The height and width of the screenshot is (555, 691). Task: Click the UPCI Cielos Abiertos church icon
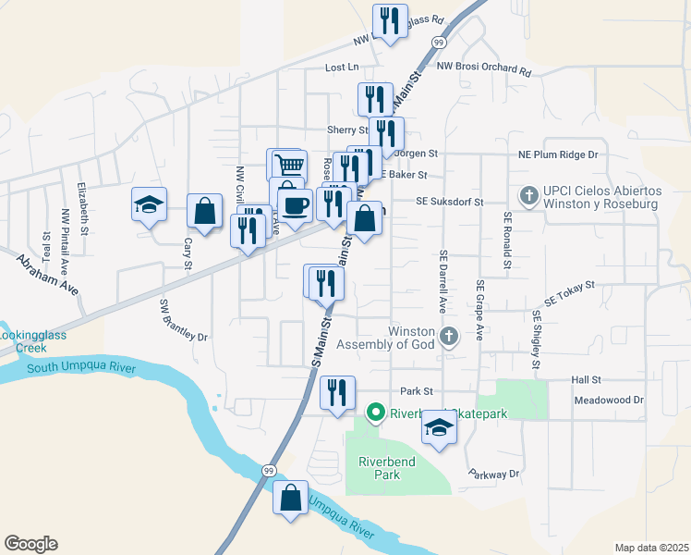click(528, 194)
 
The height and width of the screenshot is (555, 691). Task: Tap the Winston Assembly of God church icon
click(449, 336)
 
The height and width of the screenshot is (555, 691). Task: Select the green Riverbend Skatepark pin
click(375, 413)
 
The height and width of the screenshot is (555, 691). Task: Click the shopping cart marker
click(287, 165)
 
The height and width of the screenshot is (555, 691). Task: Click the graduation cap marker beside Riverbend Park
click(440, 428)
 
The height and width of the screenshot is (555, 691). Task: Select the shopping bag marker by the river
click(291, 498)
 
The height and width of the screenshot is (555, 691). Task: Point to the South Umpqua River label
click(81, 369)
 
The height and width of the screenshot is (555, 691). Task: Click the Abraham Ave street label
click(46, 275)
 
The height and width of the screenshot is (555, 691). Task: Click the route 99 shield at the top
click(439, 43)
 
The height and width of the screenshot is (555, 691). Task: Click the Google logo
click(30, 544)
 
